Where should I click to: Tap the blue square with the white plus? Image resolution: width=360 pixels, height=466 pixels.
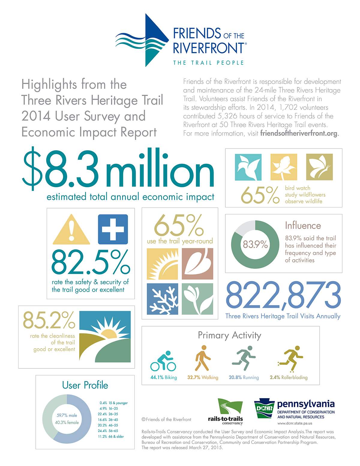[113, 229]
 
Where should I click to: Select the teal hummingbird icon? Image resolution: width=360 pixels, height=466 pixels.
[248, 167]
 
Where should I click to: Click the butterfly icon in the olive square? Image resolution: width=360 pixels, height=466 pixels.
[319, 167]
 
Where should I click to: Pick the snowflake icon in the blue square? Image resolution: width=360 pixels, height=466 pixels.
[162, 299]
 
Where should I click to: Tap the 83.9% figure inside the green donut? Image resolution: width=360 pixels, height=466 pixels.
[255, 245]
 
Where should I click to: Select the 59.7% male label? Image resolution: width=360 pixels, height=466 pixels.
[67, 416]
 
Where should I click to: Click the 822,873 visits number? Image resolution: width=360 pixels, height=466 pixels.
[283, 295]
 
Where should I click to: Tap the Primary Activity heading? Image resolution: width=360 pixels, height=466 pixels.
[229, 335]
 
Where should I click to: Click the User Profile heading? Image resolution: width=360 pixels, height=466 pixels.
[85, 385]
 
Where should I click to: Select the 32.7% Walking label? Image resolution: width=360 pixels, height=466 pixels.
[203, 377]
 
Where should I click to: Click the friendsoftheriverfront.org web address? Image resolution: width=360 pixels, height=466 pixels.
[299, 133]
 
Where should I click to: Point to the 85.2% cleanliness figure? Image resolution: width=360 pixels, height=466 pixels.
[49, 320]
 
